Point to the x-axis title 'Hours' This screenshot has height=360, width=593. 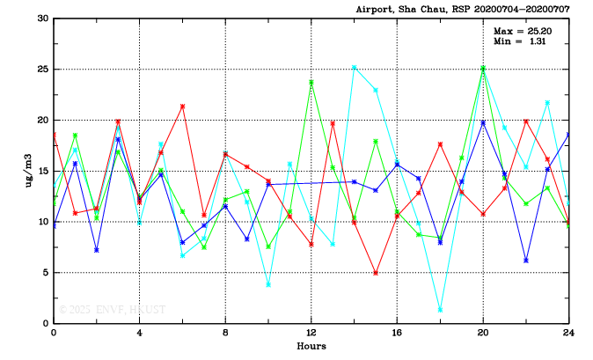[x=311, y=346]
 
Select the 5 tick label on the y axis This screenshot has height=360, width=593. [x=46, y=273]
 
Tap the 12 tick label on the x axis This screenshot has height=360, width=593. [x=311, y=334]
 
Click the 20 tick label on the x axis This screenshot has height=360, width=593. [x=483, y=334]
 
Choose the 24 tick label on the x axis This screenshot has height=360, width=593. [x=568, y=334]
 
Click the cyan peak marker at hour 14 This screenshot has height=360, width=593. [x=355, y=67]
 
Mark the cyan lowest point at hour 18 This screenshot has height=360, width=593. [x=440, y=310]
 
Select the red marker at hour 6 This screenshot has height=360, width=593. [x=182, y=107]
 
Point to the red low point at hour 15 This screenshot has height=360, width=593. [x=376, y=273]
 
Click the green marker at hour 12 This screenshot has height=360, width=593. [x=311, y=83]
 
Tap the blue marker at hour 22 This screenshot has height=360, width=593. [x=526, y=261]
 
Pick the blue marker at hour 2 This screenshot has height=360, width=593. [x=96, y=250]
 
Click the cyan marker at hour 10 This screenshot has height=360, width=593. [x=268, y=284]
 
